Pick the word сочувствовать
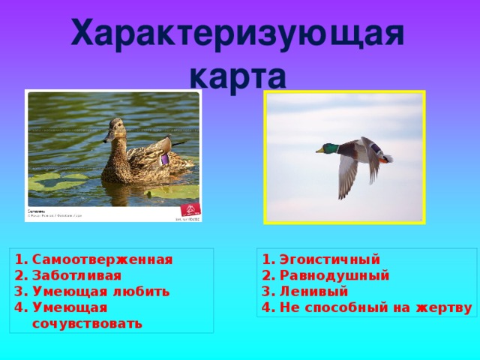coord(87,323)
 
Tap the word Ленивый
coord(313,292)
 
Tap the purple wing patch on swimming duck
coord(164,159)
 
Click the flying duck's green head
coord(328,148)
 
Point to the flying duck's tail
coord(386,158)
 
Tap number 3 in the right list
coord(267,292)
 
